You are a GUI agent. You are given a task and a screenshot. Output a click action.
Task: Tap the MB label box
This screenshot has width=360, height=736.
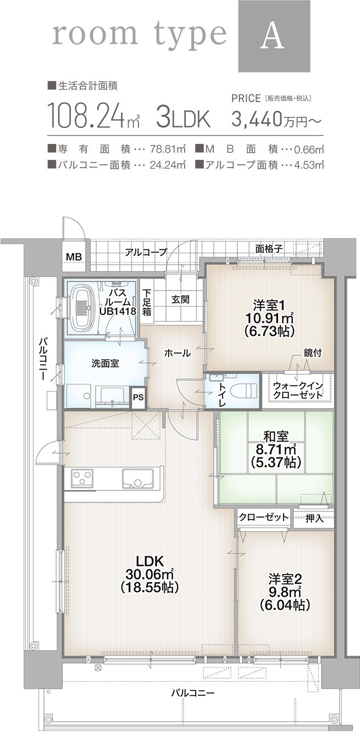click(x=73, y=257)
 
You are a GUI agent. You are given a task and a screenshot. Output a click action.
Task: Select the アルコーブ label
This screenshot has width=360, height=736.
click(x=146, y=252)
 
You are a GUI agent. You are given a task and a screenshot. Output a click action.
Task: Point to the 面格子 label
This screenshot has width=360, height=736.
click(x=269, y=249)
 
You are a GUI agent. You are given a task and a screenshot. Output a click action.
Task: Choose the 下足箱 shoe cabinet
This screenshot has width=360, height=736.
click(x=147, y=304)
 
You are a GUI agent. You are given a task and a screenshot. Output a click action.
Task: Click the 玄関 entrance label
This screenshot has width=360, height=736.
click(x=180, y=299)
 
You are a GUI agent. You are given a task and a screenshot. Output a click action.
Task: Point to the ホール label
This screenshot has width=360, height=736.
click(x=178, y=353)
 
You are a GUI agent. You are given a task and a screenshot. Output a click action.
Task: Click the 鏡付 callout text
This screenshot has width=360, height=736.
click(x=312, y=353)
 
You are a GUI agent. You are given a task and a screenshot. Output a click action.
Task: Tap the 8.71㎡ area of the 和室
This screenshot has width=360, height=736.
click(x=275, y=450)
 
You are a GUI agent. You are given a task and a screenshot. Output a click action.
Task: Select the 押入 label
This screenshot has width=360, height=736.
click(x=314, y=518)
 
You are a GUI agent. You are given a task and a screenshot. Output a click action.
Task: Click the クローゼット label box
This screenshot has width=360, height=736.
click(x=264, y=517)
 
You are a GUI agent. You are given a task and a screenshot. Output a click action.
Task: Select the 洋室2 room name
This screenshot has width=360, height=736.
click(x=285, y=578)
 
